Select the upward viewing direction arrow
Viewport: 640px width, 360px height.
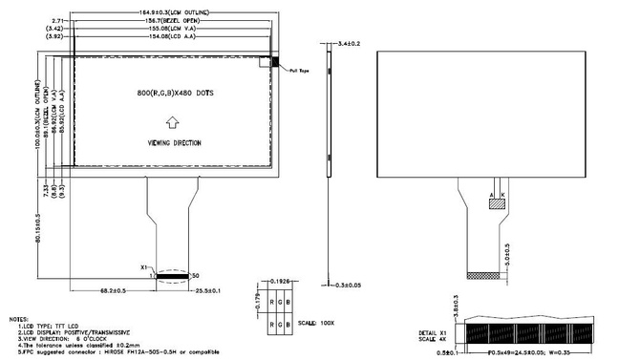click(x=172, y=121)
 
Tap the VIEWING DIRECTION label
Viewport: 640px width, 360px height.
click(x=174, y=142)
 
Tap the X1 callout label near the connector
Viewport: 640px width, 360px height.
click(x=144, y=268)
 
